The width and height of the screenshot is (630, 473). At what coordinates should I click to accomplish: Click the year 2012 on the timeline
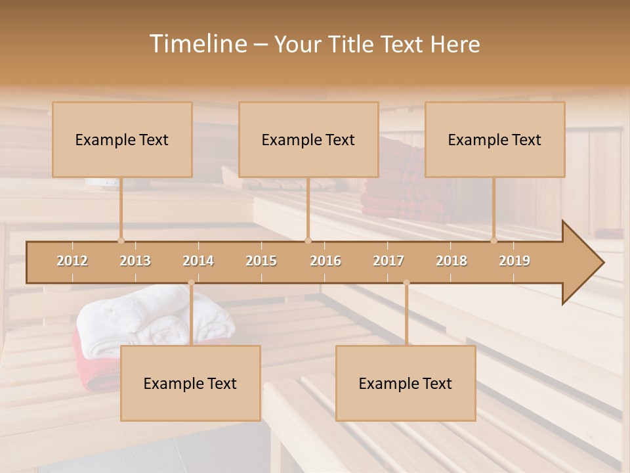[x=72, y=261]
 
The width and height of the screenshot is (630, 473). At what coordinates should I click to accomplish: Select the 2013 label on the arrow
[x=135, y=261]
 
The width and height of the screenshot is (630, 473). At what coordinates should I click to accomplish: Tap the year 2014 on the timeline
[x=198, y=261]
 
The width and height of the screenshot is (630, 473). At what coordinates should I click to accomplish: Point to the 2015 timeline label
[x=261, y=261]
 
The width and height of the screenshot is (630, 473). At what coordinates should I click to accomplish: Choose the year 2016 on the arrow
[x=325, y=261]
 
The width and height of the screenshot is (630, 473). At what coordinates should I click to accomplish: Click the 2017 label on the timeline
[x=388, y=261]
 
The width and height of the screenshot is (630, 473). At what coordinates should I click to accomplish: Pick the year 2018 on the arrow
[x=451, y=261]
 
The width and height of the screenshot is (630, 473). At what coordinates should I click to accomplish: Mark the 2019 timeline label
[x=514, y=261]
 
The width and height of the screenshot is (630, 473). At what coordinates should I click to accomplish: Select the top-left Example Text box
[x=122, y=140]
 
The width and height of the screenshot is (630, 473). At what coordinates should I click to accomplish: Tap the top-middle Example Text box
[x=308, y=140]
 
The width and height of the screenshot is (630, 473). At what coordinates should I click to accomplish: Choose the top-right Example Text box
[x=495, y=140]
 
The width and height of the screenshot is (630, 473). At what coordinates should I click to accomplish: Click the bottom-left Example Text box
[x=190, y=384]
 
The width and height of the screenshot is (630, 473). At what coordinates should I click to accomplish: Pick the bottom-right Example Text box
[x=406, y=384]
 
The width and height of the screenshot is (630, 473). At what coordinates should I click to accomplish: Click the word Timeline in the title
[x=197, y=44]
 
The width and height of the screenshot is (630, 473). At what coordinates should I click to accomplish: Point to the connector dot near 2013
[x=121, y=240]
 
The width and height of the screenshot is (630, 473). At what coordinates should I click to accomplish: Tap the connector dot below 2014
[x=191, y=282]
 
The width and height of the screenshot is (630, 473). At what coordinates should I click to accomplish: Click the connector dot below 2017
[x=406, y=282]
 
